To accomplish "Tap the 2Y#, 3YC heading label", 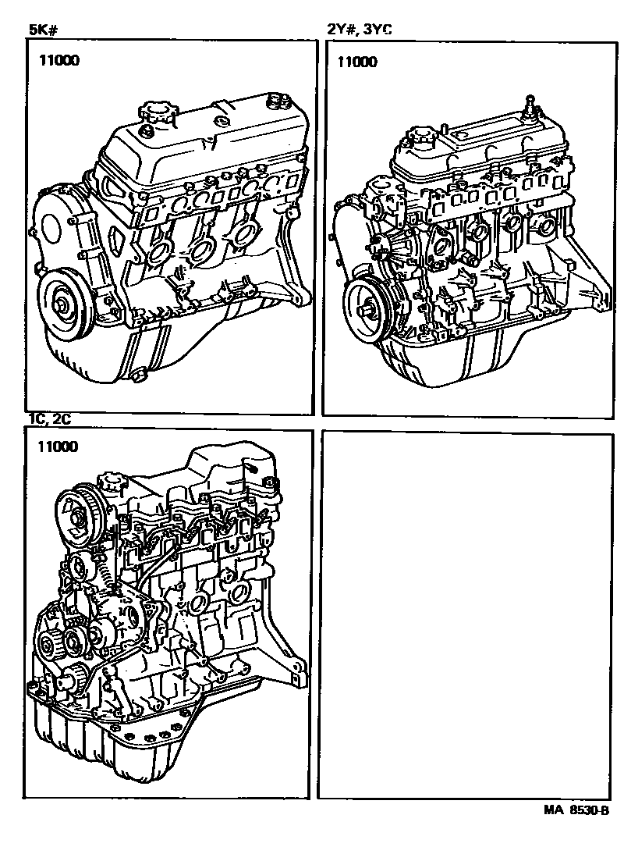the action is [358, 30].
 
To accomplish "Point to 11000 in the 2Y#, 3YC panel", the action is [357, 62].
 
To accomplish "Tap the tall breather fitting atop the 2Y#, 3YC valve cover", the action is [529, 105].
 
